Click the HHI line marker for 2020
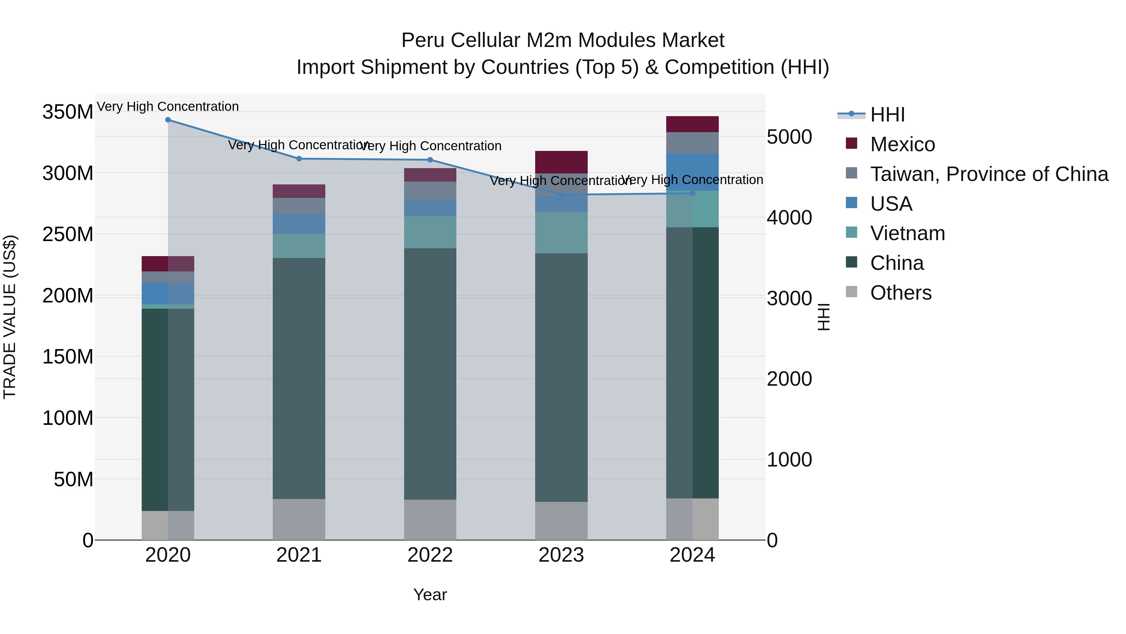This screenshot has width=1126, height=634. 168,120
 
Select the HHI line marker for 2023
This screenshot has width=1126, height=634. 561,194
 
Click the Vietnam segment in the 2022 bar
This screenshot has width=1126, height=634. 430,232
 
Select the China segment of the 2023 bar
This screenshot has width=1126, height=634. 561,377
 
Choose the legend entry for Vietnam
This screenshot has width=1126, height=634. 907,233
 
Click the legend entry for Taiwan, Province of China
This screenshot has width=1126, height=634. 989,174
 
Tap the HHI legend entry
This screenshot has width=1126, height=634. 887,115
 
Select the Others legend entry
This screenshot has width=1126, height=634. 900,293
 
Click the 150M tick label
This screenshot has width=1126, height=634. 68,357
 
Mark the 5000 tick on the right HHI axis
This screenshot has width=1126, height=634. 789,137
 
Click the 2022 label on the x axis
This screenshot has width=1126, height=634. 430,555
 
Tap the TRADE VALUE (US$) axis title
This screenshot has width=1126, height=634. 10,317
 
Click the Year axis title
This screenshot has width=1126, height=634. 430,595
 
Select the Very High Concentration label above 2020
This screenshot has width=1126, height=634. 168,106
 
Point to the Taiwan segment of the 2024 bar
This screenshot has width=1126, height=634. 692,143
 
